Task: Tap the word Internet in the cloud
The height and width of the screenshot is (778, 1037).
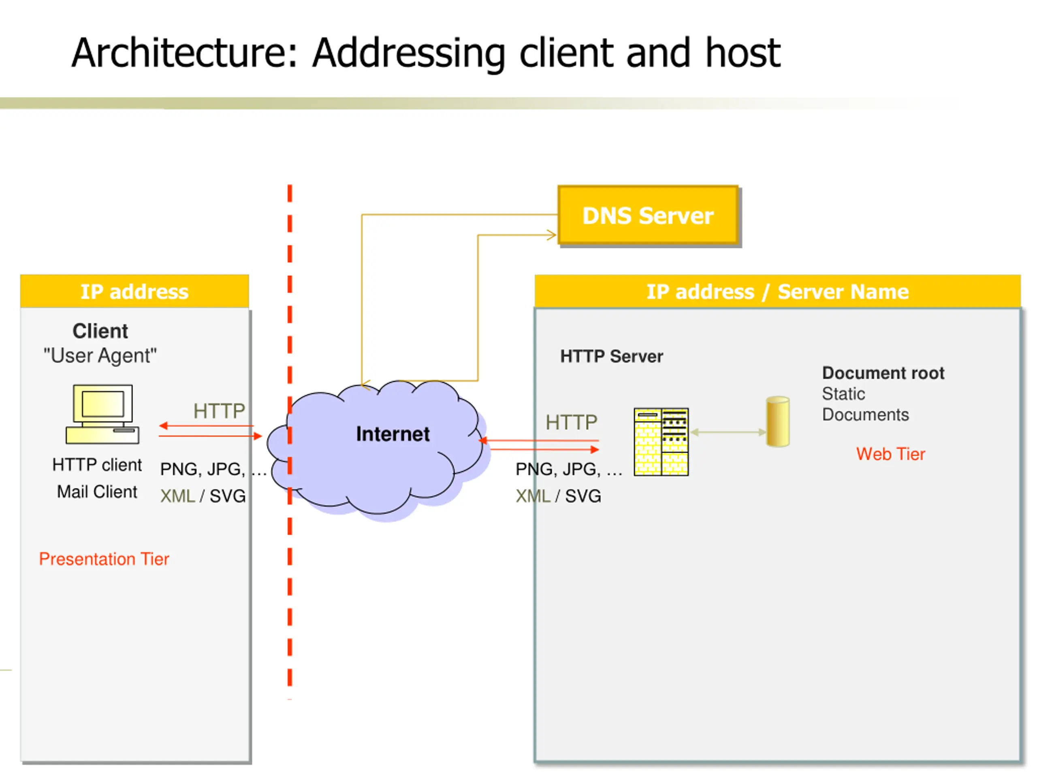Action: [x=393, y=434]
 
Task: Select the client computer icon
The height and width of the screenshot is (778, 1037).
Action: [x=102, y=414]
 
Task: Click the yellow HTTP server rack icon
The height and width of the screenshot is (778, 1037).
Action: [x=661, y=442]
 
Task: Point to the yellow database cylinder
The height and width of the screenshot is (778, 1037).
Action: [x=778, y=421]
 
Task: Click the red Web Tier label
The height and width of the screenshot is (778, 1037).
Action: [x=890, y=454]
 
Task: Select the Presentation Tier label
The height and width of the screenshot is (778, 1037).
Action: [x=104, y=559]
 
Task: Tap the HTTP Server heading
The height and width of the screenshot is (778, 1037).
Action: [x=611, y=357]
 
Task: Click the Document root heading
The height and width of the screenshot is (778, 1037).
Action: [x=883, y=373]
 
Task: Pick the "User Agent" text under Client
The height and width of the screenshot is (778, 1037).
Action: [x=100, y=355]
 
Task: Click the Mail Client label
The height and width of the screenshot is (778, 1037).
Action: [x=97, y=492]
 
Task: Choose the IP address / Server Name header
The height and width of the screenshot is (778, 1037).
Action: [x=777, y=291]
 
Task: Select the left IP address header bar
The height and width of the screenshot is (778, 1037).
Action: [x=134, y=291]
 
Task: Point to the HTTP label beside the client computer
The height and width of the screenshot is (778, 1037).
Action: [x=219, y=411]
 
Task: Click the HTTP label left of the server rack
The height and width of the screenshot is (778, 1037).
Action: [x=571, y=422]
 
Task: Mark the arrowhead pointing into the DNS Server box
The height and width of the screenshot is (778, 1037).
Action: [x=552, y=235]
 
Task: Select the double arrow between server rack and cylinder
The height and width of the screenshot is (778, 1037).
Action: [x=728, y=432]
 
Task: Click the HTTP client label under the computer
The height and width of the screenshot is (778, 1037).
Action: [x=97, y=465]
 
